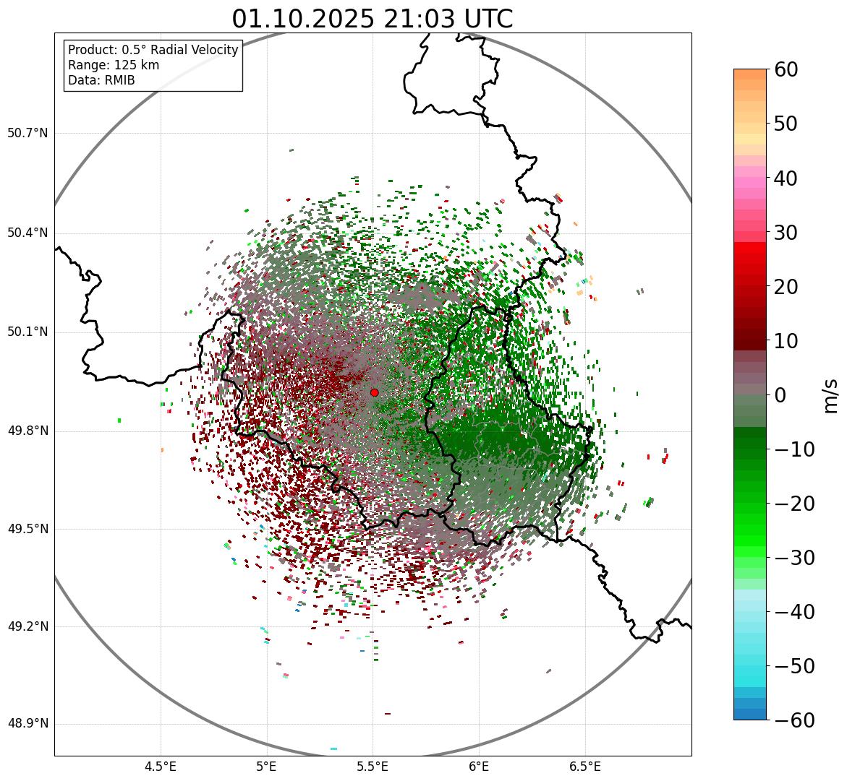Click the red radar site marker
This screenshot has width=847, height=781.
click(x=374, y=392)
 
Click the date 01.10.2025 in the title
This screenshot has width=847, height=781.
click(x=302, y=19)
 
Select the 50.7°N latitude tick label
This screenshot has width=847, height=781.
click(x=27, y=133)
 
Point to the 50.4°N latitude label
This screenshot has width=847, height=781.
click(x=27, y=233)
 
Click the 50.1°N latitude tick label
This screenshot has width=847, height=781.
click(x=27, y=332)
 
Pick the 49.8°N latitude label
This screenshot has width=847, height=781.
click(x=27, y=431)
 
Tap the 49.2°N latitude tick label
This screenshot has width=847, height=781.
click(x=27, y=626)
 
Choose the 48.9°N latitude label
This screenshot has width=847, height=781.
click(x=27, y=724)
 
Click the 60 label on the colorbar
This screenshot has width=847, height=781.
click(x=786, y=69)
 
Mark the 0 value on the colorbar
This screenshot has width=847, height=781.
click(x=780, y=395)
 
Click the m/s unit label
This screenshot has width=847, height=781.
click(x=831, y=394)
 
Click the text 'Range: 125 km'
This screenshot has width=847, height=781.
click(x=114, y=65)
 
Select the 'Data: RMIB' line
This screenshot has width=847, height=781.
click(x=101, y=80)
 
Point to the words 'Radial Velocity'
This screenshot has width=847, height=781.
click(x=195, y=50)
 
